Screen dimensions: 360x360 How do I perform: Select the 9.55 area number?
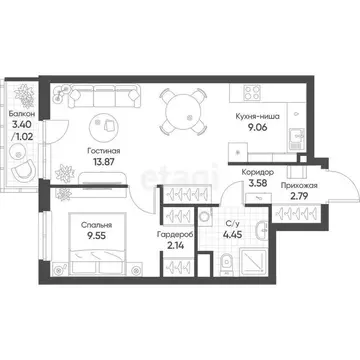click(x=96, y=240)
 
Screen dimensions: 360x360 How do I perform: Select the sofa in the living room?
click(x=100, y=97)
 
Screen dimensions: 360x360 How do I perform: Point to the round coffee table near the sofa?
click(x=101, y=126)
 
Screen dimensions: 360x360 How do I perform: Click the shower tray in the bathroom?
click(x=268, y=285)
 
